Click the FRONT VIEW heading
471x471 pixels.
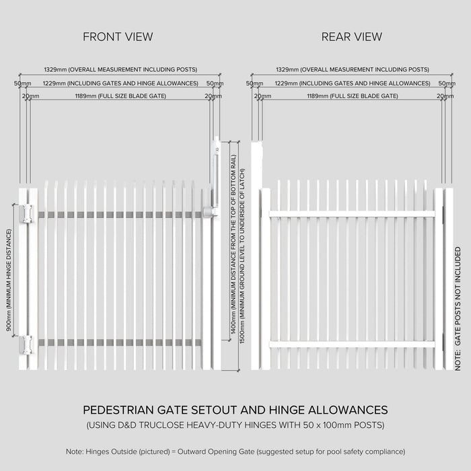pos(118,36)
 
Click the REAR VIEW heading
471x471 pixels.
pos(351,36)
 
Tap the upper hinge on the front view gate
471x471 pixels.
pos(26,213)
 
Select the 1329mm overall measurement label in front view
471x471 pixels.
pos(120,69)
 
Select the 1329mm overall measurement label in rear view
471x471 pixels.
pos(352,69)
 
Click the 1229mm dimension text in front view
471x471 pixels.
pos(120,83)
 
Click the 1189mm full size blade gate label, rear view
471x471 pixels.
pos(352,96)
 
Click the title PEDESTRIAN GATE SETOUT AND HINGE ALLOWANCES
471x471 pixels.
pos(235,410)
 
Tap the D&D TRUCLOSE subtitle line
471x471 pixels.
pos(235,425)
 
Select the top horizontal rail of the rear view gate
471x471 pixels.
pos(351,214)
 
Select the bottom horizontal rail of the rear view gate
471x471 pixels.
pos(351,345)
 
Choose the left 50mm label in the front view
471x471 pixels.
pos(22,83)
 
